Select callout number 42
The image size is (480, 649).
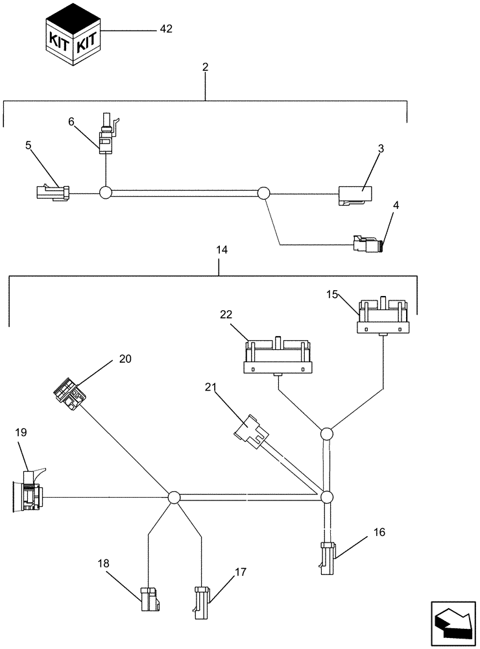(167, 29)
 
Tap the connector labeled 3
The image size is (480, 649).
(354, 194)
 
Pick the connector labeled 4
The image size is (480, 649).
(366, 244)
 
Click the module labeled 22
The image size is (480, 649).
(278, 357)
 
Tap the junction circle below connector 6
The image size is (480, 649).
(106, 193)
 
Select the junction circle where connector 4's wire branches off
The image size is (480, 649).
(263, 193)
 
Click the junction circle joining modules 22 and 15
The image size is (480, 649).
(327, 434)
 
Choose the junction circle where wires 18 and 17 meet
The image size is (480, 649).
(173, 498)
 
